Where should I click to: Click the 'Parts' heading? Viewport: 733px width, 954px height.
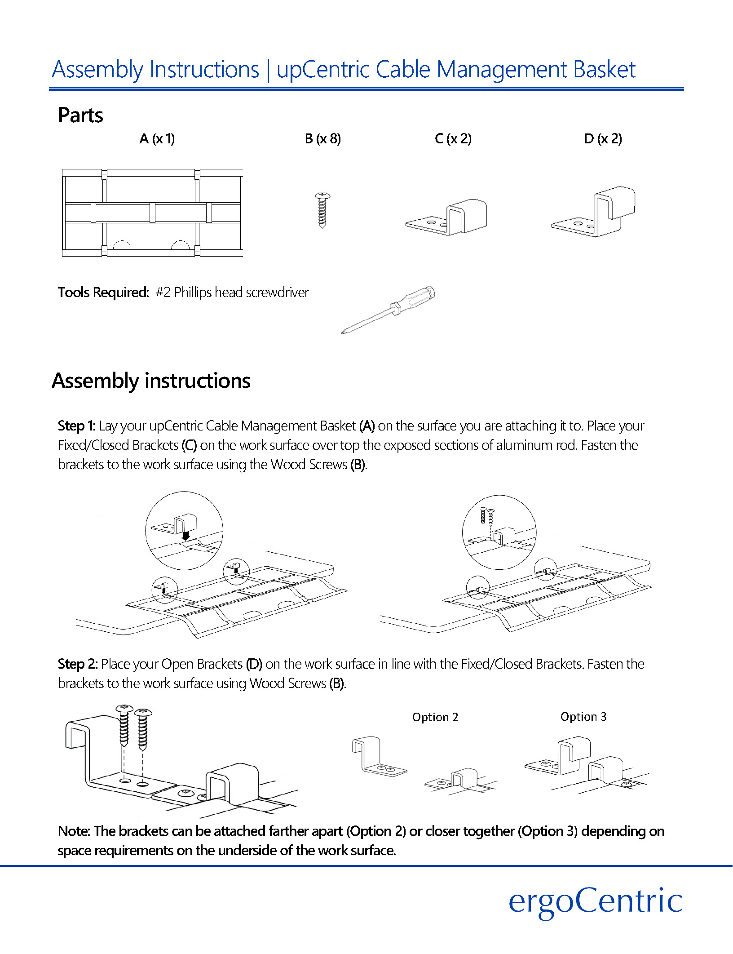point(80,115)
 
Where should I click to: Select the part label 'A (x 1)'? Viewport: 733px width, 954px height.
point(157,139)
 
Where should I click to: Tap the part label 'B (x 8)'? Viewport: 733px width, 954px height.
point(322,139)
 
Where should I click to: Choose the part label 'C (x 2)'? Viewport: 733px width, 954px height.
point(453,139)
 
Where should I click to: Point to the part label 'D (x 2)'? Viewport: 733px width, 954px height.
point(603,139)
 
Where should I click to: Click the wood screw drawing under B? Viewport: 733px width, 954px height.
point(322,210)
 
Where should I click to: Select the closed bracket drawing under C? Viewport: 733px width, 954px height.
point(447,217)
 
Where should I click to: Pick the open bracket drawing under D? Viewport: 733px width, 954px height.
point(594,212)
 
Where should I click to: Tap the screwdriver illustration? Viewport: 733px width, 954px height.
point(389,309)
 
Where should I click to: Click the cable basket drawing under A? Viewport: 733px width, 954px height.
point(152,213)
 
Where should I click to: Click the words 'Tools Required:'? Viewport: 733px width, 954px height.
point(103,293)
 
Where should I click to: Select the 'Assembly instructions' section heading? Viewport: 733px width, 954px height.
point(151,381)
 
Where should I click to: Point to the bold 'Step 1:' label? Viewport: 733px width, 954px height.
point(76,426)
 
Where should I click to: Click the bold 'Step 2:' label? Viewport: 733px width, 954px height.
point(77,664)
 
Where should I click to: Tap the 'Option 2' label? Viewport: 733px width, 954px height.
point(435,717)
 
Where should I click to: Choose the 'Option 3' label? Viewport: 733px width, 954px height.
point(583,717)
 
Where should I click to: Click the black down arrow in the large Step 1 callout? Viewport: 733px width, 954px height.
point(186,535)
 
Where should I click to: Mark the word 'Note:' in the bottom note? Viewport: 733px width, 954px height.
point(74,831)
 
